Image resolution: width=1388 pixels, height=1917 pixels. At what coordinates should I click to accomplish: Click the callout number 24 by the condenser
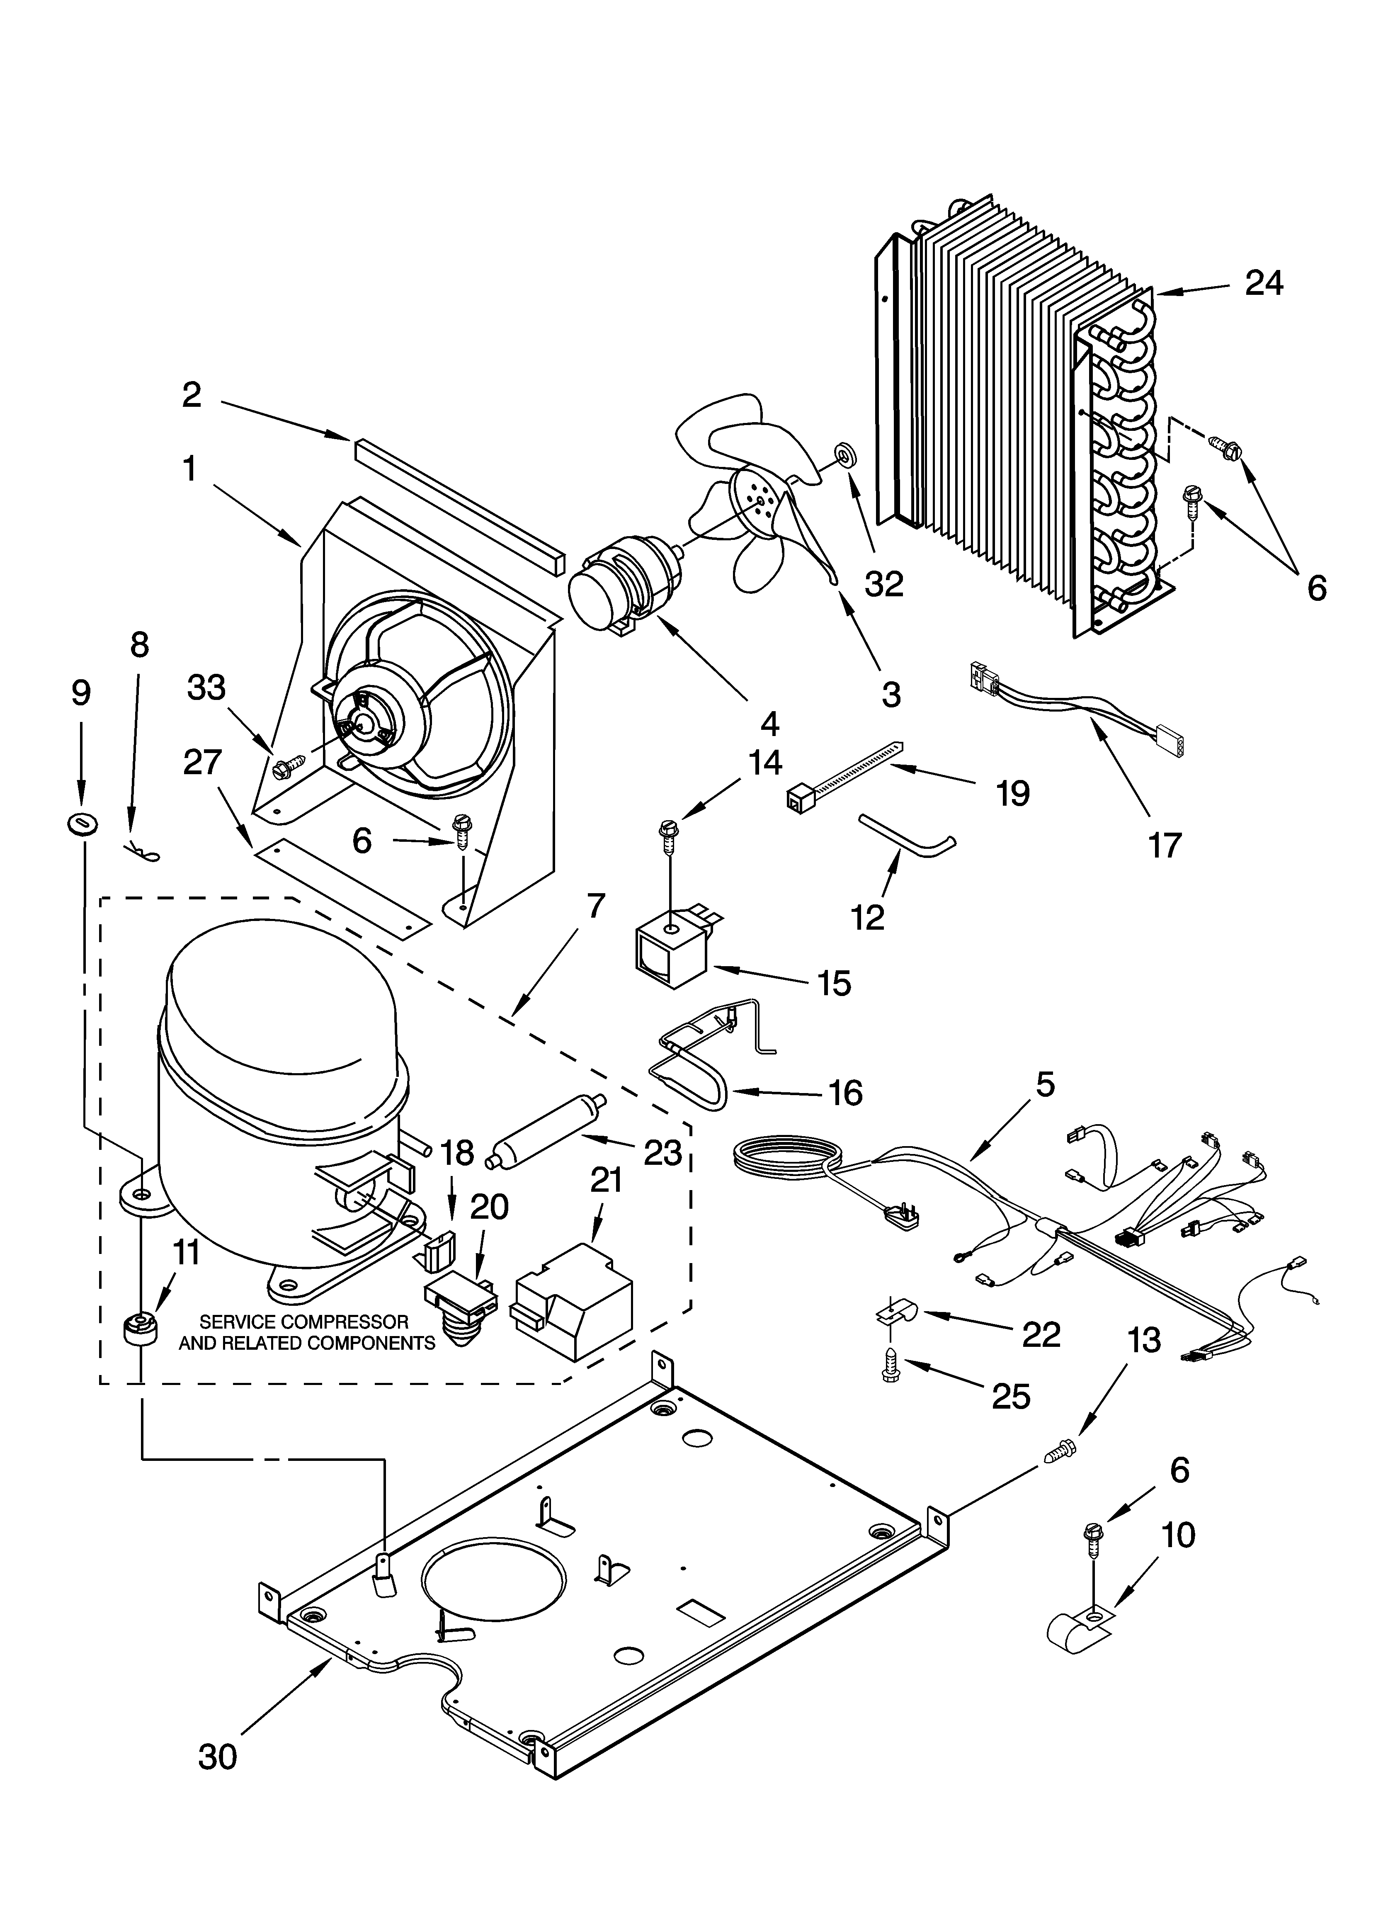tap(1264, 283)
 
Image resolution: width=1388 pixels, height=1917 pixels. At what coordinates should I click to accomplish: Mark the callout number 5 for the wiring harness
tap(1046, 1084)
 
